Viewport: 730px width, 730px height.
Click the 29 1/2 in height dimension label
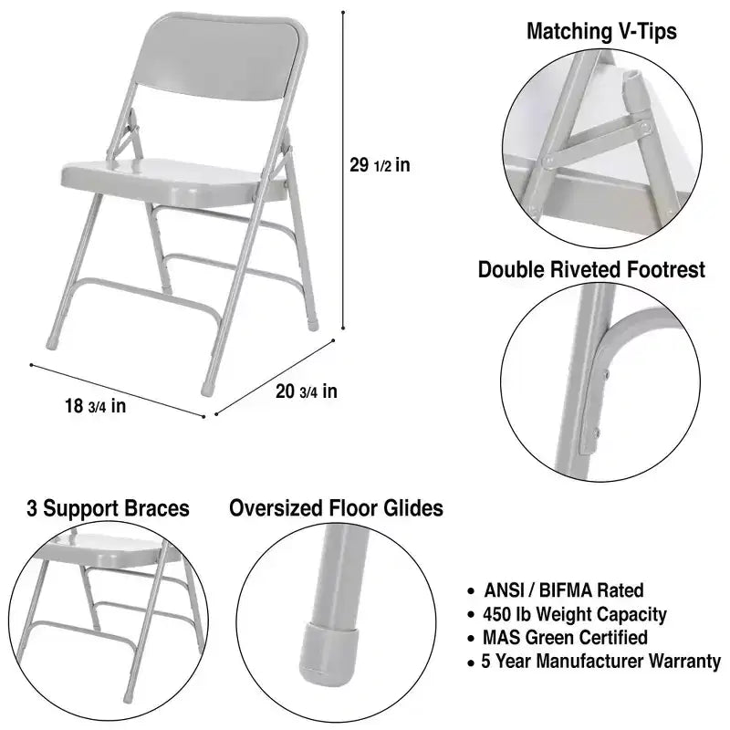tap(380, 165)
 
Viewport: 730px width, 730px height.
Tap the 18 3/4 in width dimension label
tap(96, 406)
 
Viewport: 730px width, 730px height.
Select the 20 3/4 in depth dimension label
tap(307, 391)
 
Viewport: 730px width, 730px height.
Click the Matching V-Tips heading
tap(601, 32)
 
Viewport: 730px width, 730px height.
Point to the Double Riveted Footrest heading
tap(591, 269)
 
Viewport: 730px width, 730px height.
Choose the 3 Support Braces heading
tap(108, 508)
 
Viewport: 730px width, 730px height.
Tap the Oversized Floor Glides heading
tap(336, 508)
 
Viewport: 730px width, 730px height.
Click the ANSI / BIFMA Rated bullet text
tap(564, 590)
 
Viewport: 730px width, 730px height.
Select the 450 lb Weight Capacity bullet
tap(575, 614)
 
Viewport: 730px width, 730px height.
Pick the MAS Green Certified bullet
tap(565, 637)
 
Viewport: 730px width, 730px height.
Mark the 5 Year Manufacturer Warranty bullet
tap(601, 661)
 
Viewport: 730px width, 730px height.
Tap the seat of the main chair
tap(172, 181)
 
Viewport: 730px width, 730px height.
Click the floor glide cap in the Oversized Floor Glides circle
tap(330, 652)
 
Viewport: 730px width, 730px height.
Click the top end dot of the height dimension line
tap(343, 12)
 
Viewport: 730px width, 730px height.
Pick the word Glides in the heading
tap(413, 508)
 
